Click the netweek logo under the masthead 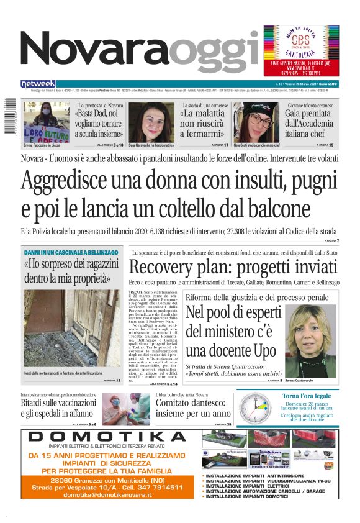38,83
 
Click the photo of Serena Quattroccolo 310,339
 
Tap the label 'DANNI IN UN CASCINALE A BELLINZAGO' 70,253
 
